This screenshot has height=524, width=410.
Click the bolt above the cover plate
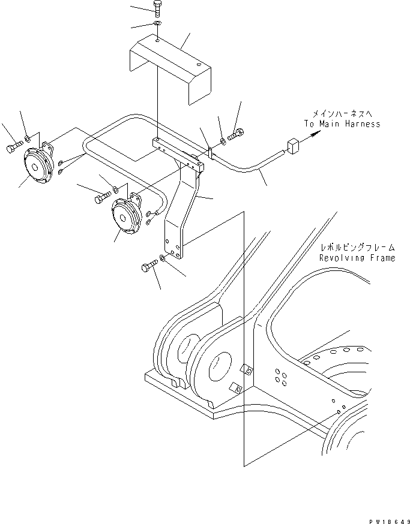157,9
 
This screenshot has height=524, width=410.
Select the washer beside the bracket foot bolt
163,260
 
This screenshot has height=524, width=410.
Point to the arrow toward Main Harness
311,136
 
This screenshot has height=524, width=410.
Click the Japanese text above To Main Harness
341,113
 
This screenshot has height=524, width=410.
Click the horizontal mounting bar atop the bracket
178,150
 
